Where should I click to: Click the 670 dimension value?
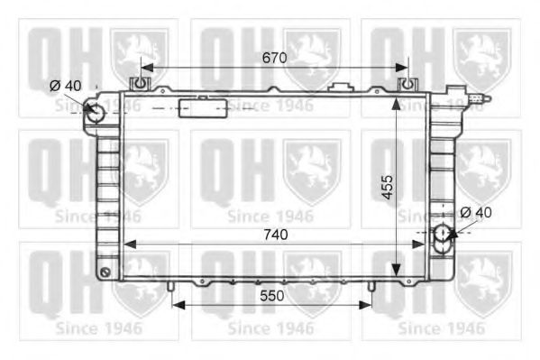click(274, 58)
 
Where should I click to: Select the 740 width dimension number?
click(276, 235)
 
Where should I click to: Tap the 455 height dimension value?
click(388, 188)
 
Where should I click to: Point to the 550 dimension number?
click(272, 296)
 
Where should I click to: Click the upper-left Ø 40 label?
click(65, 86)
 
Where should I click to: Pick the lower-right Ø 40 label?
click(476, 212)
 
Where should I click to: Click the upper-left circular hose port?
click(95, 114)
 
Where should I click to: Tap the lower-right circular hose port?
click(442, 234)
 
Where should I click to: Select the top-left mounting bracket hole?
click(140, 83)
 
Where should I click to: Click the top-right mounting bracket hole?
click(407, 83)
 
